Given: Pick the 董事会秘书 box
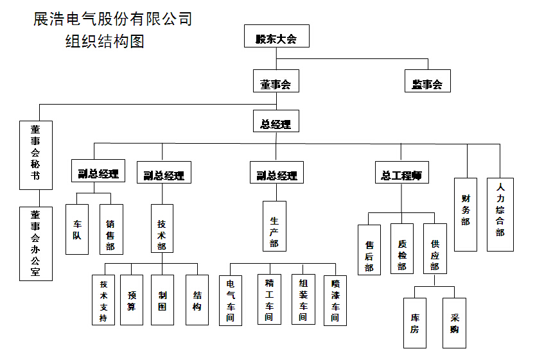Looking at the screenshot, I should (x=36, y=155).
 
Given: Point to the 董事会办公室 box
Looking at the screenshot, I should (x=36, y=243).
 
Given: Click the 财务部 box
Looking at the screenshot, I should (x=466, y=214).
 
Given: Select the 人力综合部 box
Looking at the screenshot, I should (x=500, y=214).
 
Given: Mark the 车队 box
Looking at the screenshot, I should (x=77, y=229).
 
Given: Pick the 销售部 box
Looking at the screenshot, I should (x=111, y=229).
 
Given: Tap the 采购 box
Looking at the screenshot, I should (x=455, y=323).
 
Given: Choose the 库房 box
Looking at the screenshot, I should (x=415, y=323).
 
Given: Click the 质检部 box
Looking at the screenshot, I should (x=402, y=248).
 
